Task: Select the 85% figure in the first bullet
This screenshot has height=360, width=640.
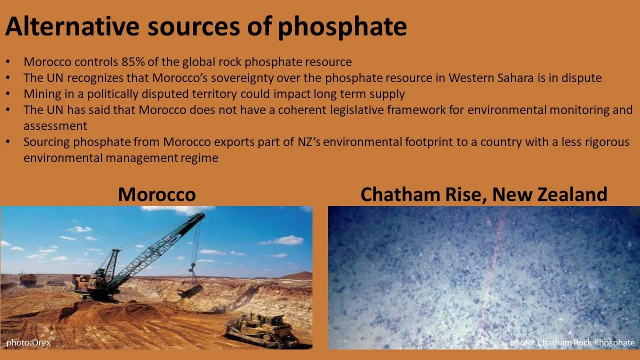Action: (x=133, y=62)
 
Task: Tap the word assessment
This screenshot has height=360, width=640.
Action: (x=55, y=126)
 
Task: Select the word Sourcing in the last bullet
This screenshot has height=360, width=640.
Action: (x=46, y=142)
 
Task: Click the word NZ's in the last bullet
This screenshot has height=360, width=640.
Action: (x=310, y=142)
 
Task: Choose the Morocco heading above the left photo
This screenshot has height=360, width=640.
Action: (x=156, y=194)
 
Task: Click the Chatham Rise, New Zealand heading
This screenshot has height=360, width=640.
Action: (x=483, y=194)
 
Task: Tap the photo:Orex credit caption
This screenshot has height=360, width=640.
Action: (x=28, y=342)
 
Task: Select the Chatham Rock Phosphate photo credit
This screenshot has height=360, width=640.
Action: (x=572, y=342)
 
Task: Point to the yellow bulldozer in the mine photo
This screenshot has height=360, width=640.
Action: (x=260, y=327)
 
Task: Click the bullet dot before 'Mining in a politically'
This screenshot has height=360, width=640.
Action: (x=7, y=94)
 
